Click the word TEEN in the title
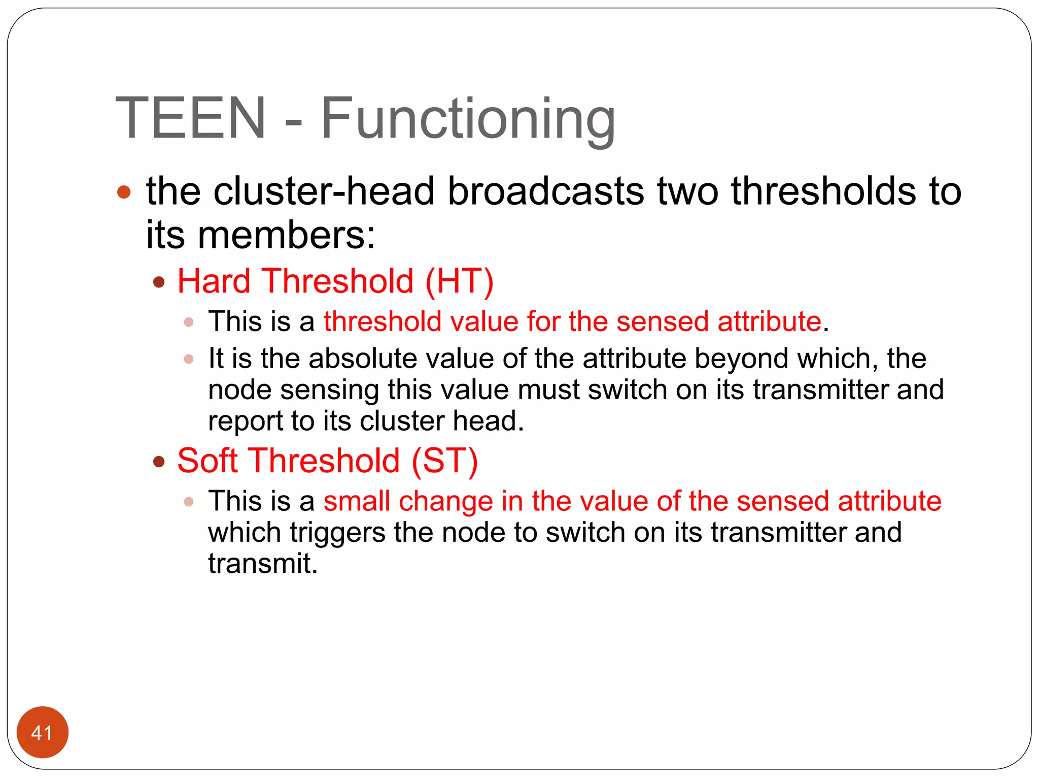click(x=191, y=118)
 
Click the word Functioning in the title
click(x=468, y=119)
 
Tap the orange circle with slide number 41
click(x=42, y=732)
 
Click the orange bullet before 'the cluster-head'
click(x=124, y=192)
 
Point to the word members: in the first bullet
click(x=287, y=236)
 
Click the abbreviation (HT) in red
click(x=459, y=281)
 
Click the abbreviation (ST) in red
click(x=445, y=461)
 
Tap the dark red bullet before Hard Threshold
click(x=159, y=282)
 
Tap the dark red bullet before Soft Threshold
click(x=159, y=462)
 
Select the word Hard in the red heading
click(x=214, y=281)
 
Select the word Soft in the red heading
click(x=207, y=461)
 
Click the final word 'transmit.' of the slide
click(x=263, y=564)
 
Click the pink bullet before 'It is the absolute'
click(x=189, y=359)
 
